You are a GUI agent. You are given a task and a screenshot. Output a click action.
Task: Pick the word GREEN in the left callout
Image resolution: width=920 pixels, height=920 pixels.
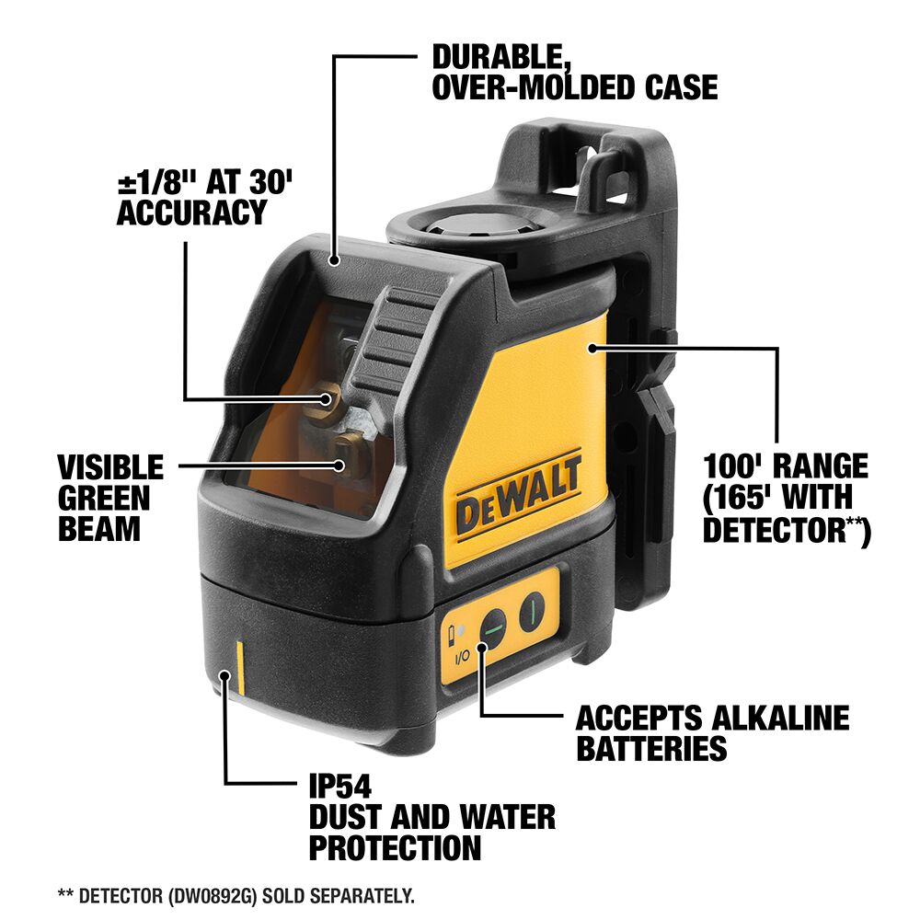click(x=104, y=498)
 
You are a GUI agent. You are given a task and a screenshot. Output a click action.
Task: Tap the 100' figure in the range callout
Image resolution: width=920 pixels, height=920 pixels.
click(x=736, y=465)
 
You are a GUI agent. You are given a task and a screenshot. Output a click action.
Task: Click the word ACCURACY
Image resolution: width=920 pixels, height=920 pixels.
click(x=191, y=213)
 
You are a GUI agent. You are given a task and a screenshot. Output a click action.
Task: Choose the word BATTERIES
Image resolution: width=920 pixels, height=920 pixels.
click(x=651, y=748)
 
